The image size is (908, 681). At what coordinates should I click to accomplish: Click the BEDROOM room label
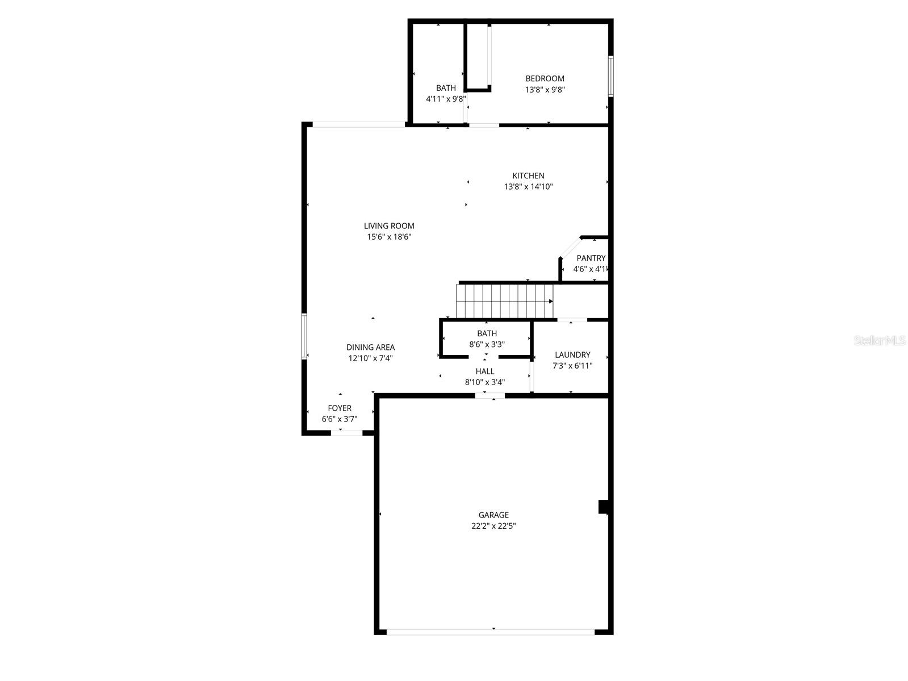coord(545,78)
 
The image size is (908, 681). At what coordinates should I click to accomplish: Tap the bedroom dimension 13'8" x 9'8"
coord(545,89)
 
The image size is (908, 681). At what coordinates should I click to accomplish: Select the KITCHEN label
coord(528,176)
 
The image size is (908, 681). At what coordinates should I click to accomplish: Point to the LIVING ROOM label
coord(389,225)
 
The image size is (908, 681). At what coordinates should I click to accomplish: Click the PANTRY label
coord(591,258)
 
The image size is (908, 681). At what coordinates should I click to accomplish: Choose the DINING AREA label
coord(370,347)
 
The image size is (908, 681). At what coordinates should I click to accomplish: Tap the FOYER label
coord(340,408)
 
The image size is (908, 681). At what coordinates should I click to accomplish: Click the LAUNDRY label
coord(572,354)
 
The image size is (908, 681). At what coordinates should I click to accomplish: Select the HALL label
coord(485,371)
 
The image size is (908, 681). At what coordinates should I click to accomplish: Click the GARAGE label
coord(493,515)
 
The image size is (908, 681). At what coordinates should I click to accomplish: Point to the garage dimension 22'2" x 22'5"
coord(493,526)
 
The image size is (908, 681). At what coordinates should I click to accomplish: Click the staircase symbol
coord(504,301)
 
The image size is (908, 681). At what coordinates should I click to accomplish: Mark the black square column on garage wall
coord(603,507)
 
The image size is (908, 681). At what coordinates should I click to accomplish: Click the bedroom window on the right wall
coord(611,76)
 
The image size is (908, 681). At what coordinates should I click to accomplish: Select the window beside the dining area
coord(304,336)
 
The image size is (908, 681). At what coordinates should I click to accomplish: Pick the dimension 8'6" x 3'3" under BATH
coord(487,344)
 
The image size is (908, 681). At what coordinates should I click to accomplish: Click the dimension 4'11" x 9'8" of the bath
coord(446,98)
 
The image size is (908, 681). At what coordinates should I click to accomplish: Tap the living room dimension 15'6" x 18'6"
coord(389,237)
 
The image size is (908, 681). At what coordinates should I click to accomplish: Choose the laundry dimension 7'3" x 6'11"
coord(572,366)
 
